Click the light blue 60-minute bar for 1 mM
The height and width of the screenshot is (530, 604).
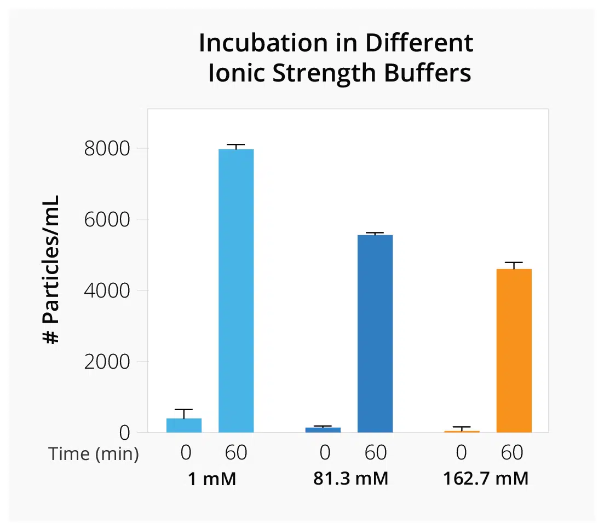point(236,290)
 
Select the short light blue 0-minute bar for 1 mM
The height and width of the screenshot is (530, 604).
point(184,425)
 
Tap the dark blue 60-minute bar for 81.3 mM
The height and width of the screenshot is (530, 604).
point(375,333)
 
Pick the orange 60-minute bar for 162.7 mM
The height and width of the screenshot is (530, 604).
point(514,350)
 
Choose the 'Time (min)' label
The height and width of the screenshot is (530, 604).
point(93,454)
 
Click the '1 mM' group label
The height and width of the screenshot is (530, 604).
point(212,479)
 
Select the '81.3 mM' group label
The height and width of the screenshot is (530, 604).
point(350,479)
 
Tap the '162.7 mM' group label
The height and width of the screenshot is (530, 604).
point(486,479)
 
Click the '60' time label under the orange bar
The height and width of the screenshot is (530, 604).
point(511,453)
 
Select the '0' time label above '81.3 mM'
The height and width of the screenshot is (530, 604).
point(325,453)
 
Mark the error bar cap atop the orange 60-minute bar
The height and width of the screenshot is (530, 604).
point(514,263)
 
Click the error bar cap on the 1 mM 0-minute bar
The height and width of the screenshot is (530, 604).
point(184,410)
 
